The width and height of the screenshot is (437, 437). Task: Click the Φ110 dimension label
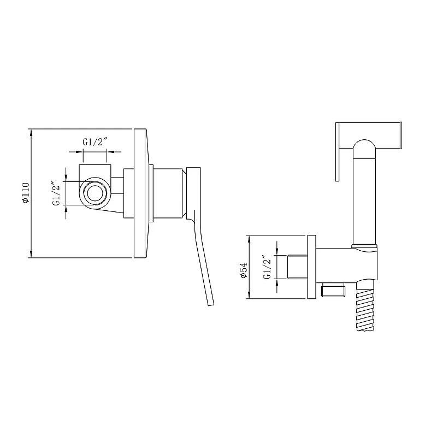click(26, 193)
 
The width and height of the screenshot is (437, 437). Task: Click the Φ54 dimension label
click(244, 270)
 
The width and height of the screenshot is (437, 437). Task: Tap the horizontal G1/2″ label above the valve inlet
click(95, 142)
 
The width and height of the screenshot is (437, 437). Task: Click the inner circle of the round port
click(95, 193)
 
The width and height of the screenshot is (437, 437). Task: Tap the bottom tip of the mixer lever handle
click(211, 305)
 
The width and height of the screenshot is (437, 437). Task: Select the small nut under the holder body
click(333, 291)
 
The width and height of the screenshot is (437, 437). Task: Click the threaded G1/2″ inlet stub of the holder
click(297, 267)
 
